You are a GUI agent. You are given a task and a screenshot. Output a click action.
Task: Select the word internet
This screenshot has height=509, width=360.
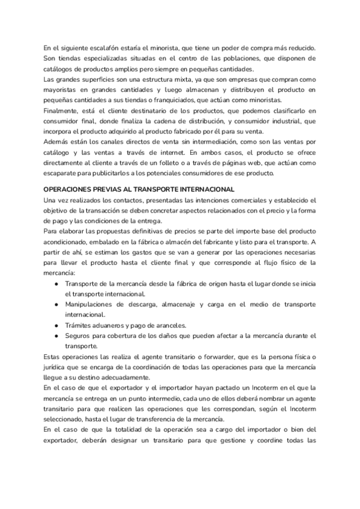click(187, 152)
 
